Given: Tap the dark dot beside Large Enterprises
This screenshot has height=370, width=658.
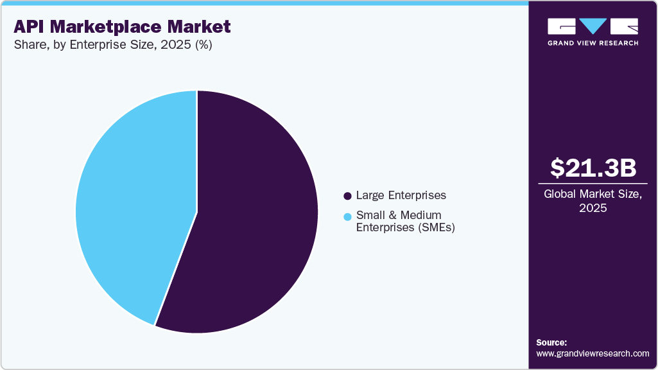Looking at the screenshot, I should (347, 195).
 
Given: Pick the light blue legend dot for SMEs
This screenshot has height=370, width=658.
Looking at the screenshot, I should (347, 216).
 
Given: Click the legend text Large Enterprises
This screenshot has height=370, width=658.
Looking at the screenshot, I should (401, 195).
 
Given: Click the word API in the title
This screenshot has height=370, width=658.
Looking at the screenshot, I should (31, 27).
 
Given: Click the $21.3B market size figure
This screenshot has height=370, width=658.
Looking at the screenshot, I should (593, 168).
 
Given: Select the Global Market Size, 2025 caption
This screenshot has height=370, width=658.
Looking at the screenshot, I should (593, 201).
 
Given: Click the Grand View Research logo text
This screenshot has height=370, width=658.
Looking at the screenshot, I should (593, 43).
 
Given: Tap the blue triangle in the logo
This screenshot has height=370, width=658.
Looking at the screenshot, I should (593, 26).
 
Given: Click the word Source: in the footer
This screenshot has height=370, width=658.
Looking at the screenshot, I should (551, 342).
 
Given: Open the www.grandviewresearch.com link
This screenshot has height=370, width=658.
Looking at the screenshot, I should (593, 353).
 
